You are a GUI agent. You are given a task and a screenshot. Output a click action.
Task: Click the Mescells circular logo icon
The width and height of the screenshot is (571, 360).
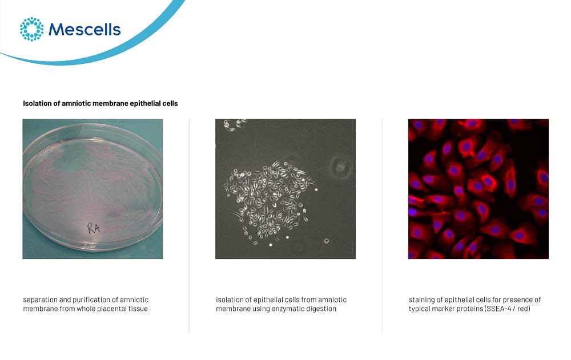(31, 29)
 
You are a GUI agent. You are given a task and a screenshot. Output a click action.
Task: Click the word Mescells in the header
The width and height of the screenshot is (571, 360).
(85, 30)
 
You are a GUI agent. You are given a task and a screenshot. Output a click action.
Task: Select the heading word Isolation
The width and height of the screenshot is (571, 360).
(37, 103)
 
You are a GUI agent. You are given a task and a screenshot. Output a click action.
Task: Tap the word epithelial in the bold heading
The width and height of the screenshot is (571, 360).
(145, 103)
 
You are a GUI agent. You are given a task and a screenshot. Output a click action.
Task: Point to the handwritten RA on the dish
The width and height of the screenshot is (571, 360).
(94, 228)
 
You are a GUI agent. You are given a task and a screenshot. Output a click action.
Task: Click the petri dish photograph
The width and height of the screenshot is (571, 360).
(93, 189)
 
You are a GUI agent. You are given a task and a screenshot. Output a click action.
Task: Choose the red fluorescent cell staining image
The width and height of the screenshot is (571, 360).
(478, 189)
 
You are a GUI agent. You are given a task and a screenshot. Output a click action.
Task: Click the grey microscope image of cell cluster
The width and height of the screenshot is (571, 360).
(285, 189)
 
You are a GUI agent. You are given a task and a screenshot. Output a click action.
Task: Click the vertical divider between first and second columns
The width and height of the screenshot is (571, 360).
(190, 226)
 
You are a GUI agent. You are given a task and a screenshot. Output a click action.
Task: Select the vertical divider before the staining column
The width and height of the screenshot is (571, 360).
(382, 226)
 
